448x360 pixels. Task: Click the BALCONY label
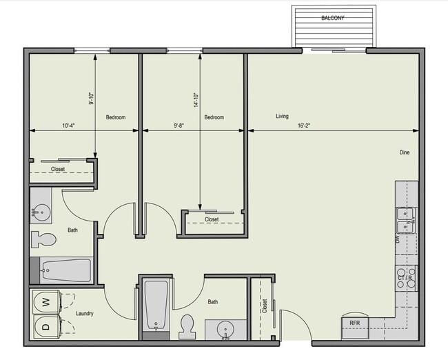pos(334,18)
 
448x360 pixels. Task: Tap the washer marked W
pos(45,301)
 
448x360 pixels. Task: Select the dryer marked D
pos(45,326)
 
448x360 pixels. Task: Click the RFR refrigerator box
pos(355,323)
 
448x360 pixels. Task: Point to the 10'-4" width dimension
pos(68,126)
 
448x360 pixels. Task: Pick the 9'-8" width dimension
pos(179,126)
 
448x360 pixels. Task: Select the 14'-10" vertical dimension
pos(196,101)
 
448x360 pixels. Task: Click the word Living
pos(282,117)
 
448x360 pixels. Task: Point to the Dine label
pos(405,152)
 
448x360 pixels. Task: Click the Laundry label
pos(84,314)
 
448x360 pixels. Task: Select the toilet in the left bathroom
pos(43,240)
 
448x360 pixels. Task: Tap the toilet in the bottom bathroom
pos(187,326)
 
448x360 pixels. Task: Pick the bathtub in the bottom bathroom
pos(156,306)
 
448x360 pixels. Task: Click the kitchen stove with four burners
pos(406,277)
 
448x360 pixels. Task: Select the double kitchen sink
pos(406,221)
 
